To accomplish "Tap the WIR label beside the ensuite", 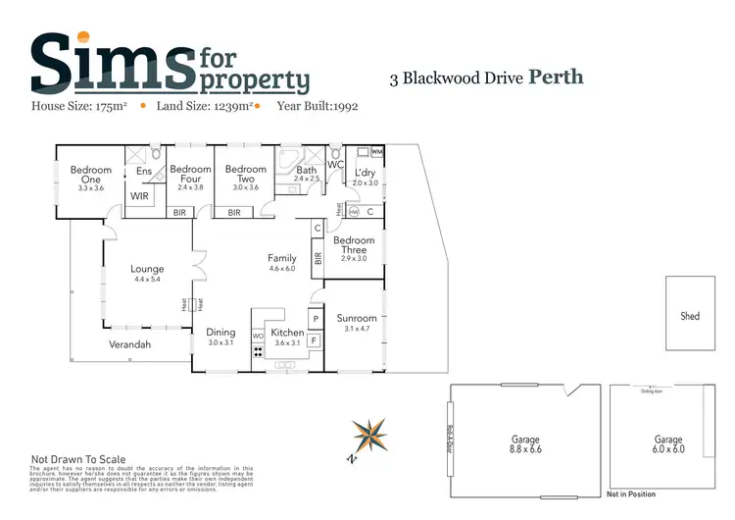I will click(x=140, y=196).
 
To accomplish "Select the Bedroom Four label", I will click(x=190, y=175).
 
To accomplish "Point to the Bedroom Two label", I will click(x=245, y=175).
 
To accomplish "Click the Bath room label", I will click(x=307, y=171).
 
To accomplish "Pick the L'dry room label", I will click(x=366, y=174).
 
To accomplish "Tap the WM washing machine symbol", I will click(x=377, y=152).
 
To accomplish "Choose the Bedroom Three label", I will click(x=354, y=245).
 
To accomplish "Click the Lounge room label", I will click(x=147, y=269).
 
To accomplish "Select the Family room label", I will click(x=282, y=259).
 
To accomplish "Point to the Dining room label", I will click(x=220, y=333).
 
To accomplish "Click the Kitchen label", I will click(x=287, y=334).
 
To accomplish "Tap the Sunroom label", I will click(x=356, y=318).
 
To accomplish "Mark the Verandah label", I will click(x=129, y=344).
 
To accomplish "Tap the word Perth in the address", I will click(x=556, y=78).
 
